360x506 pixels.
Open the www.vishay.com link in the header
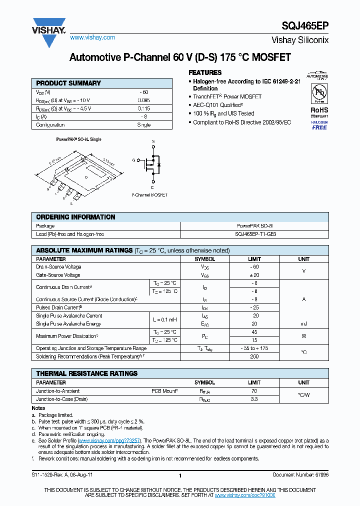(92, 37)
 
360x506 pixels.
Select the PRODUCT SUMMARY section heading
(68, 83)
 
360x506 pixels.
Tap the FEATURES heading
(205, 72)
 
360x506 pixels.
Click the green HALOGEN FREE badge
(319, 125)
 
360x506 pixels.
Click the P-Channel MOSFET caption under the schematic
(149, 194)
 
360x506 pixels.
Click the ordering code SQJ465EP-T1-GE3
(254, 234)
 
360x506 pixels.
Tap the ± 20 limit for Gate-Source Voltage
(254, 275)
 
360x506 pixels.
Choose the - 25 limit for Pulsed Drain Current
(254, 307)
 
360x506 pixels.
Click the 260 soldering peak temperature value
(254, 356)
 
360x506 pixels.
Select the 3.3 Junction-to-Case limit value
(254, 399)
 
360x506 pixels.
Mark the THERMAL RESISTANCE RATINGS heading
(86, 373)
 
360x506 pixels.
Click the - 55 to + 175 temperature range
(254, 348)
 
